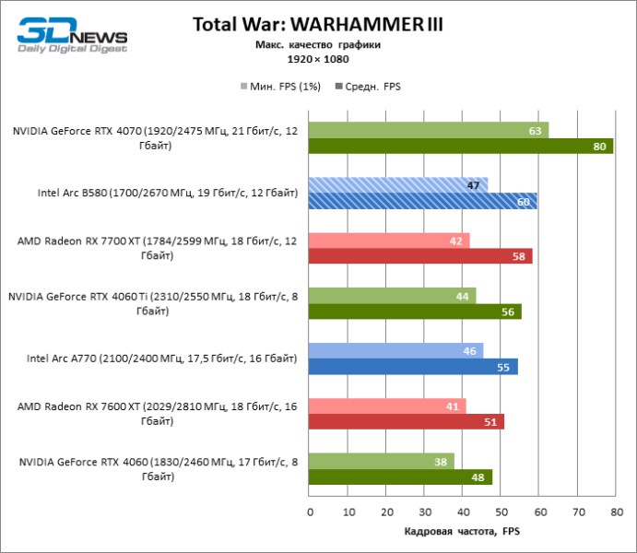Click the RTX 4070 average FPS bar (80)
461,146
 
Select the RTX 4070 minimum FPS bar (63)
429,130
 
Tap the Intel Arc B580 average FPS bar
423,201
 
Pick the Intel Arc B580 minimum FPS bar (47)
398,185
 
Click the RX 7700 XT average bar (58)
420,256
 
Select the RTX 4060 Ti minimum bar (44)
393,296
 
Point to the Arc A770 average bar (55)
413,367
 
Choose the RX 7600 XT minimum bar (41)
387,406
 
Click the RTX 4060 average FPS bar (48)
400,477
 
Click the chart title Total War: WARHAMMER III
318,25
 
